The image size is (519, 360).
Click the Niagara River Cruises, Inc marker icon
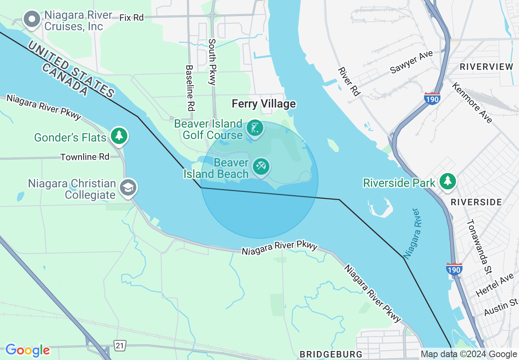tap(32, 19)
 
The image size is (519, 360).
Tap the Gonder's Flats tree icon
tap(119, 136)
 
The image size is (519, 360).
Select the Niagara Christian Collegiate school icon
tap(128, 188)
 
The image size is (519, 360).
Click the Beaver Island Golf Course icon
tap(255, 128)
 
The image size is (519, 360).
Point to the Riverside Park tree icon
tap(448, 181)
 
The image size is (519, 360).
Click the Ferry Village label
tap(264, 104)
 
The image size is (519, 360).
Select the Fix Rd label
tap(131, 18)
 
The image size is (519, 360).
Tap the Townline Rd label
tap(85, 157)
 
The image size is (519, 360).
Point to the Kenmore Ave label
tap(472, 102)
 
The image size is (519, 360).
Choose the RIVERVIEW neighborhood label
tap(486, 67)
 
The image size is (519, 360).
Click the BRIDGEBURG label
tap(331, 354)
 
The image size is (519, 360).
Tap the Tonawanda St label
tap(479, 247)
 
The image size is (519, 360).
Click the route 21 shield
tap(119, 346)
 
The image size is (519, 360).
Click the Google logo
tap(27, 350)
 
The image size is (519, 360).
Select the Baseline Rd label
tap(190, 88)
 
